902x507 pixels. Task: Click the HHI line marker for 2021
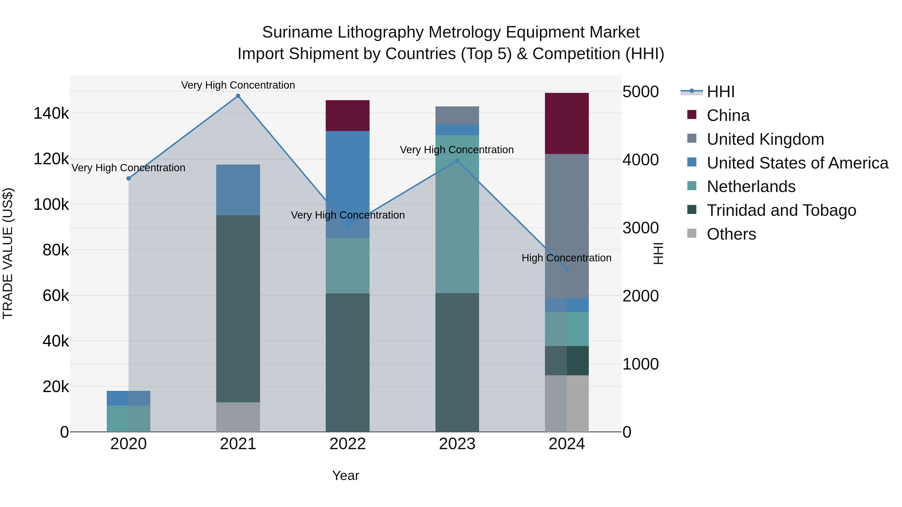point(238,96)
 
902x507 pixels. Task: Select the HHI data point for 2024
point(567,269)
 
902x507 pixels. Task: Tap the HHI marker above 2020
point(129,179)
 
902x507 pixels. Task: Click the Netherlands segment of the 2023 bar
point(457,214)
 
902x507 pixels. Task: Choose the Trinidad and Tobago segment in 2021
point(238,309)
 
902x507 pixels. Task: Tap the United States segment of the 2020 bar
point(129,398)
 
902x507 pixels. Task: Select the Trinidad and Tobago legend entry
point(781,210)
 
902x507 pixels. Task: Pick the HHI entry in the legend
point(721,92)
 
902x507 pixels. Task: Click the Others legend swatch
point(692,233)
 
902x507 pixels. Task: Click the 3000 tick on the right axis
point(640,228)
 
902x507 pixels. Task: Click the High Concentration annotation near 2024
point(566,258)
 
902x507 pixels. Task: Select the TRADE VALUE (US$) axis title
point(8,253)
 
